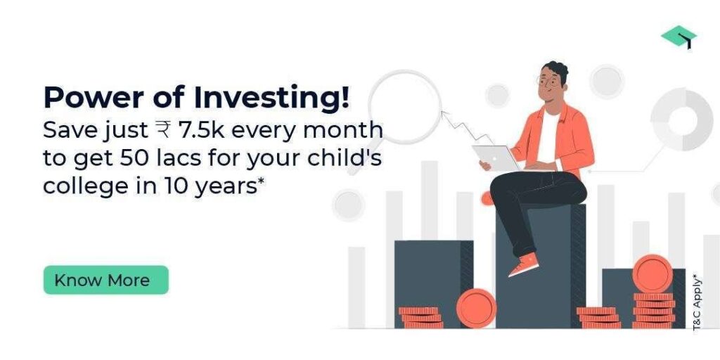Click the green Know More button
106,280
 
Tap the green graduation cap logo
679,37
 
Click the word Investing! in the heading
271,98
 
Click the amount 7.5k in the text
201,130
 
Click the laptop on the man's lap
496,158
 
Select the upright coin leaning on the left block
476,308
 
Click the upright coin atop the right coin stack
652,274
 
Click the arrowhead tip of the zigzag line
442,111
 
